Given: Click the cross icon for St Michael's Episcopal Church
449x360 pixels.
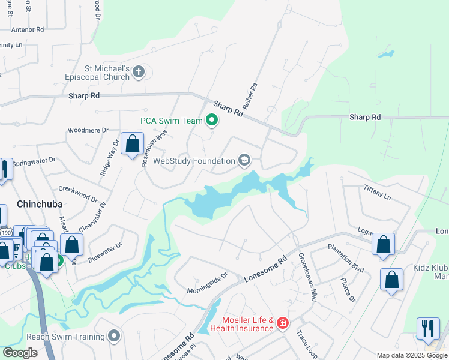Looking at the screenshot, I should (139, 73).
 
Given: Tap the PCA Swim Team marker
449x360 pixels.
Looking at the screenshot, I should (211, 121).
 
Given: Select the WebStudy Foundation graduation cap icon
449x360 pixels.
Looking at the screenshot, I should (244, 160).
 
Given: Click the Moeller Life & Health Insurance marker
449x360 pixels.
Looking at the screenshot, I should (283, 324).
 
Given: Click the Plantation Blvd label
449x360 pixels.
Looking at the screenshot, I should (346, 259).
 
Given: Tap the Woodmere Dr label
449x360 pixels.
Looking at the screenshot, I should (88, 130).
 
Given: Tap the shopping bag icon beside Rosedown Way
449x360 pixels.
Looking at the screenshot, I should (132, 144).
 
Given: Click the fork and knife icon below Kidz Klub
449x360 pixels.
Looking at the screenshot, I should (428, 328).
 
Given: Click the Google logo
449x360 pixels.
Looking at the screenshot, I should (20, 353).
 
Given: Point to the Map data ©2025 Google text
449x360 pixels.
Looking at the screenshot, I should (411, 355).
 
